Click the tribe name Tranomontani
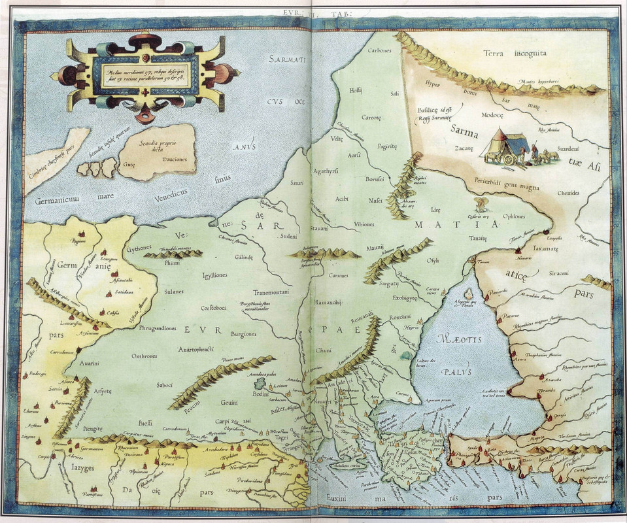tap(271, 292)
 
